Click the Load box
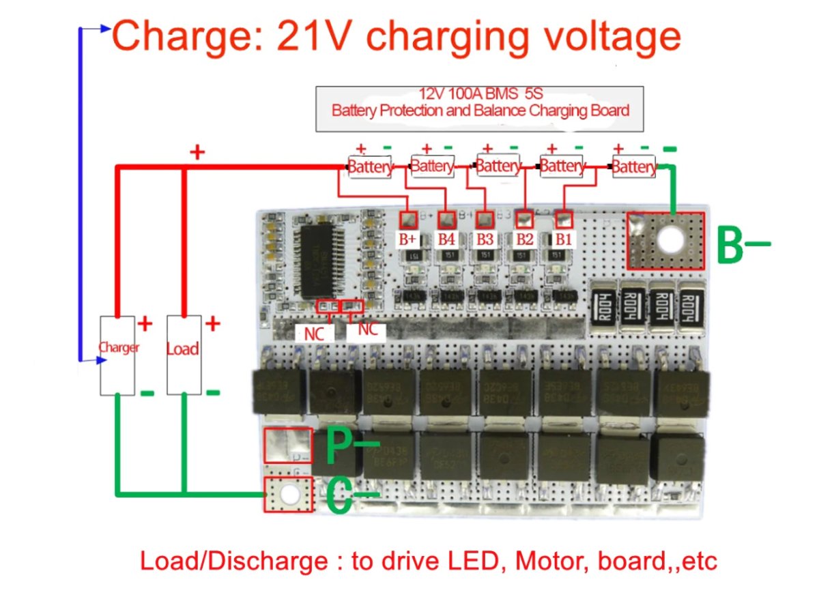(x=183, y=355)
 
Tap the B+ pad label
(x=407, y=239)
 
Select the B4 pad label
(x=446, y=239)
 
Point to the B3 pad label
(x=485, y=239)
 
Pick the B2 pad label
(x=524, y=239)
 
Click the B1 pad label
(x=563, y=239)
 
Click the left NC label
(x=314, y=333)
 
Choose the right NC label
(x=367, y=330)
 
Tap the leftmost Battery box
(x=370, y=166)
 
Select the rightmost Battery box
(x=634, y=166)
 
